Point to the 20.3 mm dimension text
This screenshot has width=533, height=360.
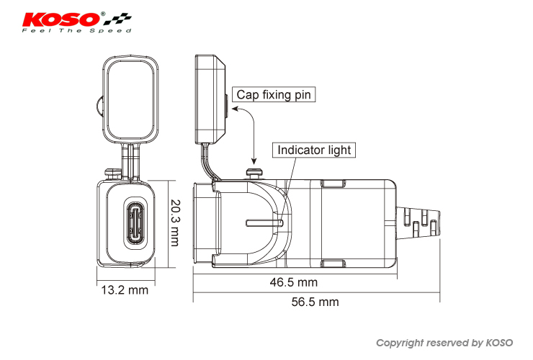(174, 223)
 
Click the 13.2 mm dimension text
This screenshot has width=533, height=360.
(124, 290)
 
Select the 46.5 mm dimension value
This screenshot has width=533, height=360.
(293, 282)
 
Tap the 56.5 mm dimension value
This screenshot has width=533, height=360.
(315, 302)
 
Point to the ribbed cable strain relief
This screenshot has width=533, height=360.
(421, 220)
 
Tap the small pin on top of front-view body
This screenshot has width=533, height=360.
(111, 172)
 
